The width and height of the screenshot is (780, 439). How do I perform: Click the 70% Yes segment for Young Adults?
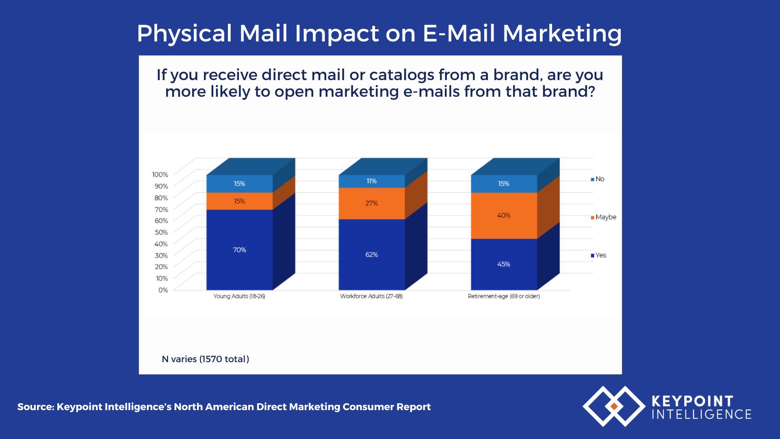click(x=239, y=250)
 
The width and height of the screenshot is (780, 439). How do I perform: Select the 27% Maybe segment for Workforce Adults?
click(x=371, y=203)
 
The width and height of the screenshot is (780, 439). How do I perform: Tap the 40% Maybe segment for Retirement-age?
click(x=504, y=215)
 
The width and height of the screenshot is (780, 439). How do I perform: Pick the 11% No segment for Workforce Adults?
click(x=371, y=181)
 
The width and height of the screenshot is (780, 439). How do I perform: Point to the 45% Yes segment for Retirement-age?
click(x=504, y=264)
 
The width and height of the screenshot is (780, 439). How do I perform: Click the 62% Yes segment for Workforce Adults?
click(x=371, y=254)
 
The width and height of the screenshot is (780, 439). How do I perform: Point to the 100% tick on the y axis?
click(x=160, y=174)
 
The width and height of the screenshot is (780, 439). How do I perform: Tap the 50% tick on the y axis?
click(x=161, y=232)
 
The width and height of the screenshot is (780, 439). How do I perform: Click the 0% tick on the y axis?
click(x=163, y=290)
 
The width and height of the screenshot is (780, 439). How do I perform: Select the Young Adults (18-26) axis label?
click(x=239, y=296)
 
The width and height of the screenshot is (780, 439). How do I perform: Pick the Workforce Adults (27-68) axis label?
click(x=371, y=296)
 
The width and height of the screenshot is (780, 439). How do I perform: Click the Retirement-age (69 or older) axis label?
click(x=504, y=296)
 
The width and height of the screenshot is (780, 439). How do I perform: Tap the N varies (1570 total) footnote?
click(x=206, y=359)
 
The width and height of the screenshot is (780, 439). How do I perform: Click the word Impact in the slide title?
click(x=337, y=33)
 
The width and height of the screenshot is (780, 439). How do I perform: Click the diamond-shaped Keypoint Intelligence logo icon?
click(x=613, y=406)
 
